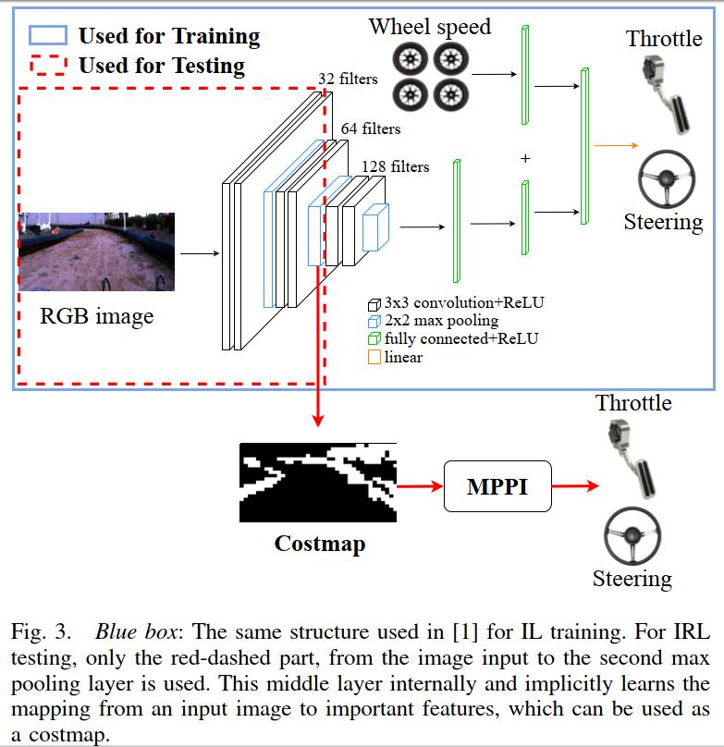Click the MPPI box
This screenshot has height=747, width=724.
point(497,486)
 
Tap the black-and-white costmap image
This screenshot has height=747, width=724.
point(318,483)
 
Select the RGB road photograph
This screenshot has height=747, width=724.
point(97,251)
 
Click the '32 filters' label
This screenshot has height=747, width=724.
point(348,79)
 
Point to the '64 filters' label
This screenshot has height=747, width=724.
point(371,129)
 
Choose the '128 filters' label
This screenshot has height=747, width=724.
point(395,166)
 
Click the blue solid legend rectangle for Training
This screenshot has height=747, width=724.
point(48,35)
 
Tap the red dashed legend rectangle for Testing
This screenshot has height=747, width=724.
point(48,66)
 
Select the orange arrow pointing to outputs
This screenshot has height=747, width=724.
point(616,145)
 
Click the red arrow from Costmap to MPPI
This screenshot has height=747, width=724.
point(420,486)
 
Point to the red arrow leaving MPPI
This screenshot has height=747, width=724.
point(575,486)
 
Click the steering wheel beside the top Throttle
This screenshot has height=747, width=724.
point(667,179)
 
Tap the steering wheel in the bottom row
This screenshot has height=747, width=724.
point(632,536)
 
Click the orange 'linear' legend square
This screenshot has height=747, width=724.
point(374,357)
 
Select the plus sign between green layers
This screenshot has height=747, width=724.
point(525,158)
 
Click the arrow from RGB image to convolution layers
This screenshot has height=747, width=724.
point(200,253)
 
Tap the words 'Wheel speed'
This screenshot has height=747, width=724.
point(430,27)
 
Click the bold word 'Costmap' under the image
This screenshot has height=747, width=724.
point(320,544)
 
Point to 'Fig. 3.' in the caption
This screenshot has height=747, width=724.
point(41,631)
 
